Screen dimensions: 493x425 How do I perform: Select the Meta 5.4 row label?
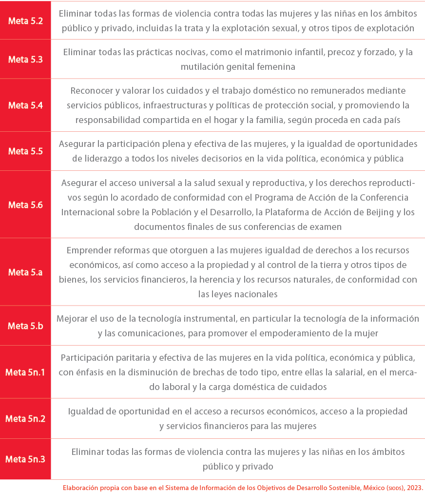[25, 105]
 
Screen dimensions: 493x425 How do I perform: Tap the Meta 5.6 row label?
[25, 205]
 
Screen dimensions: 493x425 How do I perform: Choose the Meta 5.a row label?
[25, 272]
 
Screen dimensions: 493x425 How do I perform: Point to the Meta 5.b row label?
[25, 326]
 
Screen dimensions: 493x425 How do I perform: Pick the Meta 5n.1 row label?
[25, 372]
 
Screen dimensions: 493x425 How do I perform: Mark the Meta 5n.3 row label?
[25, 459]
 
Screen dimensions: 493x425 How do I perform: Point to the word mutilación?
[205, 66]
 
